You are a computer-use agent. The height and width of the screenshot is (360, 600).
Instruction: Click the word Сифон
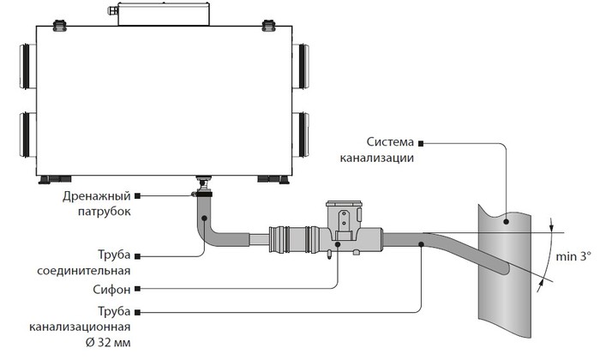pos(111,290)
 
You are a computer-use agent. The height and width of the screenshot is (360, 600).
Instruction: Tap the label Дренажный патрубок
pos(97,204)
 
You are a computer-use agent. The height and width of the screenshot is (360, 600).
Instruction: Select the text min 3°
pos(573,256)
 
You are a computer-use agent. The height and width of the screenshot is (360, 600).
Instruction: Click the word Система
pos(390,142)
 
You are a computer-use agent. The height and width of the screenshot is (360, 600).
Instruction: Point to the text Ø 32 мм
pos(107,342)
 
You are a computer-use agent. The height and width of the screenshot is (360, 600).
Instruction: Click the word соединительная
pos(84,271)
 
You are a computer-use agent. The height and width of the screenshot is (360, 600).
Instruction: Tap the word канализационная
pos(80,327)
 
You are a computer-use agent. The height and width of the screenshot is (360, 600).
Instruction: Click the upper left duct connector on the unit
pos(27,66)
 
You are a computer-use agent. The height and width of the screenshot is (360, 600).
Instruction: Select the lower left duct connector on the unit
pos(27,135)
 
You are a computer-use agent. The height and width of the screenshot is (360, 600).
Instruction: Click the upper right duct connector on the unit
pos(301,66)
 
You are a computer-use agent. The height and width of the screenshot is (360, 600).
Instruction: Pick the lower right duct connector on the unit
pos(301,135)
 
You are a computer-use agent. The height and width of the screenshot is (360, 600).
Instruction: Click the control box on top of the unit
pos(164,15)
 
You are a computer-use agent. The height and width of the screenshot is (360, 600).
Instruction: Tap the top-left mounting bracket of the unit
pos(60,25)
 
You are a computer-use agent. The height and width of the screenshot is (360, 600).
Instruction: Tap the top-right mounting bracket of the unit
pos(268,25)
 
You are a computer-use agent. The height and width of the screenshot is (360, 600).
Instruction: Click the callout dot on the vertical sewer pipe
pos(507,221)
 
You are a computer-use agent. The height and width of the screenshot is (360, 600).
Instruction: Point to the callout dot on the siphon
pos(338,244)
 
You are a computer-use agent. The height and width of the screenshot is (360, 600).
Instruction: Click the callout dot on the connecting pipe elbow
pos(204,219)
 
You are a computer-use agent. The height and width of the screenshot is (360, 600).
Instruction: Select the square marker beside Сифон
pos(138,289)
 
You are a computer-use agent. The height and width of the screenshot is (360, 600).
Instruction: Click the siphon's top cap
pos(344,204)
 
